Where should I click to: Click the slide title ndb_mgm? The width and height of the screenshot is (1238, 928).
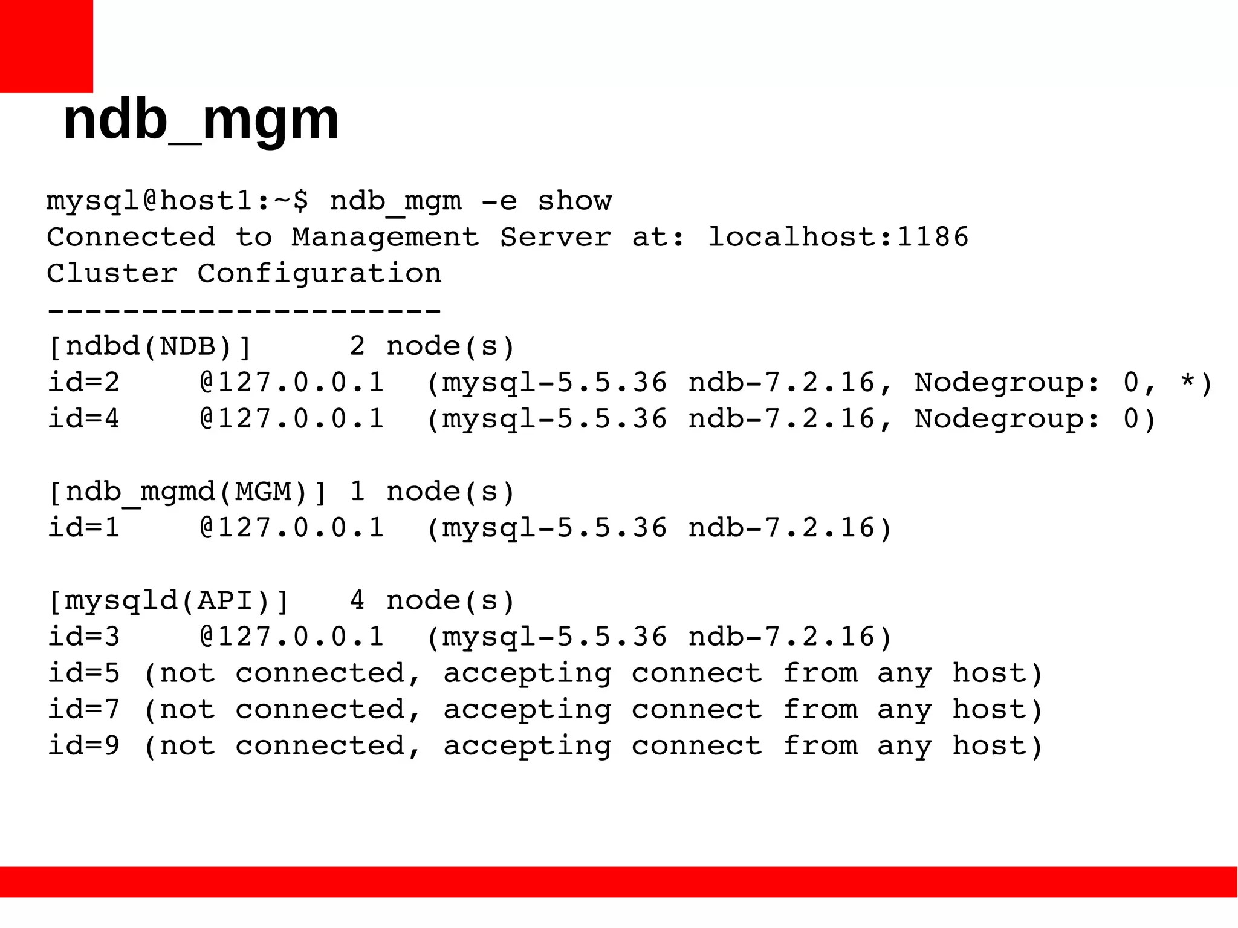201,120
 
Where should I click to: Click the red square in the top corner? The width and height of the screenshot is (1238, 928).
46,46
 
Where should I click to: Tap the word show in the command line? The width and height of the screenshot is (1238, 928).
574,201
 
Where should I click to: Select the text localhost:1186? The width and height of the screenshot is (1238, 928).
838,237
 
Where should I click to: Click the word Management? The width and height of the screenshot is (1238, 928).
385,237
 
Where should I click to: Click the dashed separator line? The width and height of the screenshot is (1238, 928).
244,311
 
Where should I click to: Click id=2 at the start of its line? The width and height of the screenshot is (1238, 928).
83,382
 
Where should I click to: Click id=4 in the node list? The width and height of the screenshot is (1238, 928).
83,418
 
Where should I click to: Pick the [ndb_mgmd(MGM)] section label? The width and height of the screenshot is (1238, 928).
187,492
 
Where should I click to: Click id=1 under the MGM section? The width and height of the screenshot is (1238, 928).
83,528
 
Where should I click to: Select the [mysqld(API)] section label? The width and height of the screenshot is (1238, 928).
168,600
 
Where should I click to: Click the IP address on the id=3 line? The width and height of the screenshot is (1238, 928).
291,637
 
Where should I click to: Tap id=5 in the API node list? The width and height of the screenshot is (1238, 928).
83,673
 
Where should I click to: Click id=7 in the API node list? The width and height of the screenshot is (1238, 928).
83,709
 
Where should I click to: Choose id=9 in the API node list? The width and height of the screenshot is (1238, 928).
83,745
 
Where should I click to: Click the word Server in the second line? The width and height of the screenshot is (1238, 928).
555,237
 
